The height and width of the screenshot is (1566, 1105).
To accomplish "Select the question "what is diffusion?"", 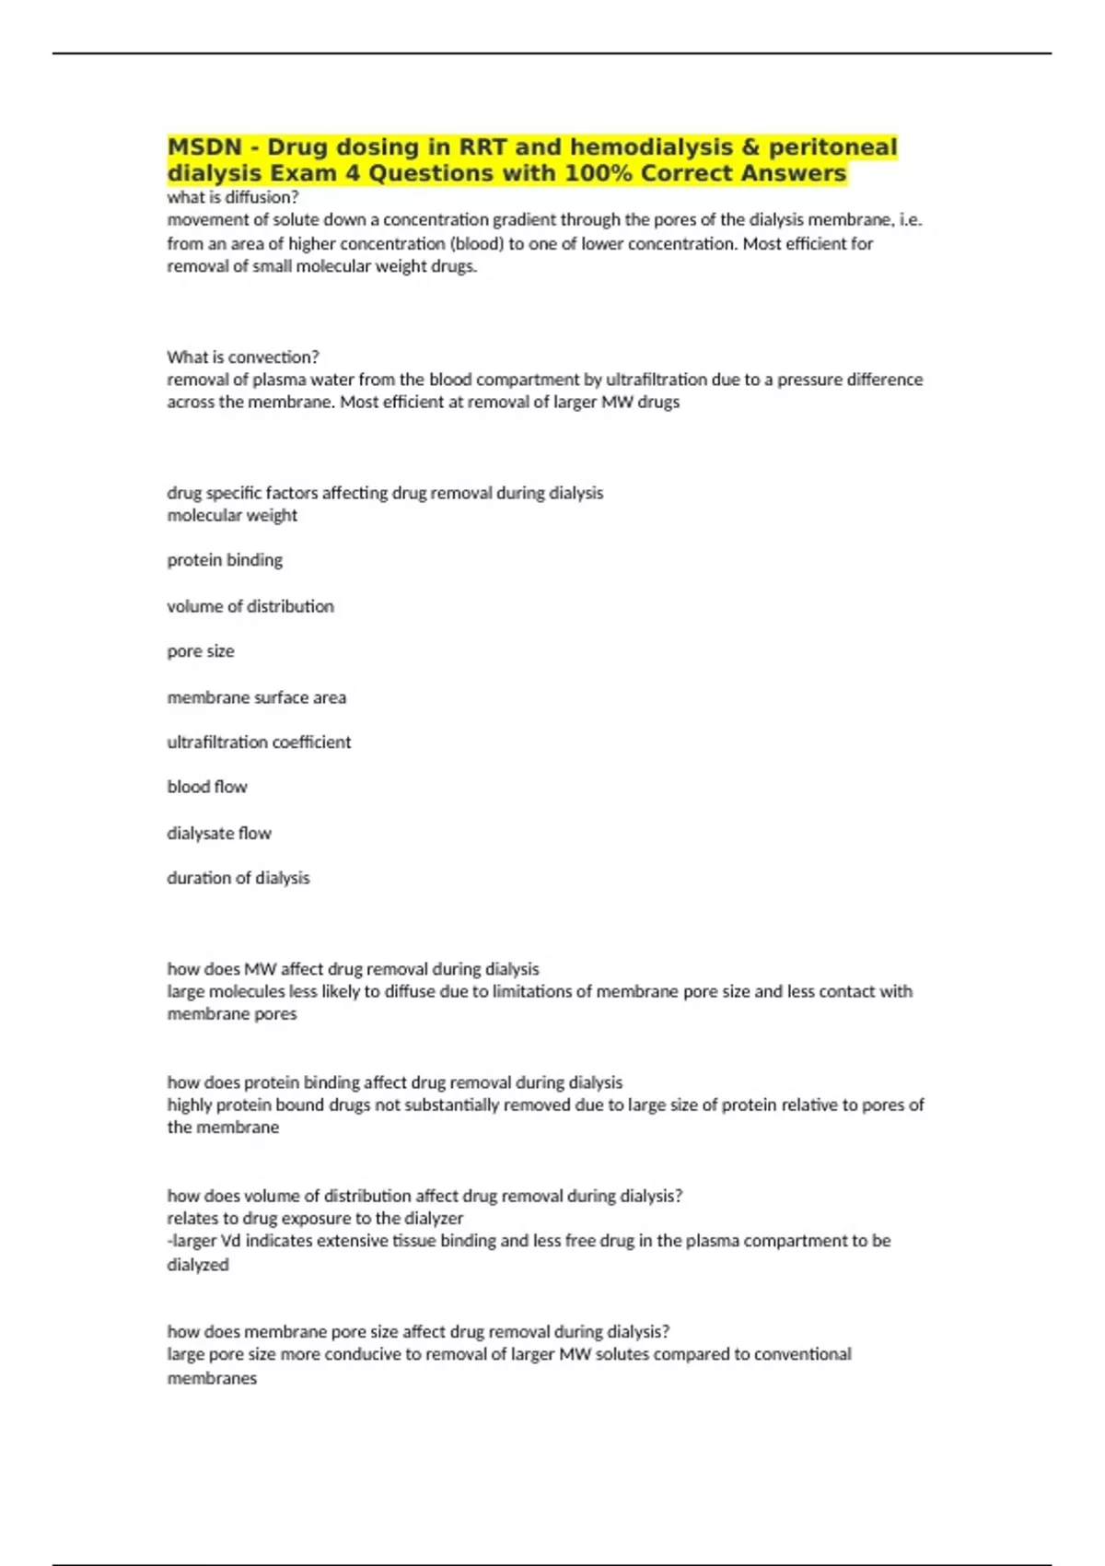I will point(233,197).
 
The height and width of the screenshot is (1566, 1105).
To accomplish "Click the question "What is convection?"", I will point(243,356).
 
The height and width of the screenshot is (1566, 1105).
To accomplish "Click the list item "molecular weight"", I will point(232,515).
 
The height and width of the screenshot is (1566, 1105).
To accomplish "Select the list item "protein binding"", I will point(225,560).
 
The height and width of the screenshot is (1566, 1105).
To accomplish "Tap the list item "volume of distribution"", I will point(250,606).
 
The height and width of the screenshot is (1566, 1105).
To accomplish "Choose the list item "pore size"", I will point(201,651).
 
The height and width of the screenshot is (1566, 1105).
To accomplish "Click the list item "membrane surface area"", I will point(257,697).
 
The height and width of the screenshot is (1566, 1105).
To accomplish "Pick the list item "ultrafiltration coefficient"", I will point(259,742).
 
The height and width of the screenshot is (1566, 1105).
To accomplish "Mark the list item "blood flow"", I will point(207,787).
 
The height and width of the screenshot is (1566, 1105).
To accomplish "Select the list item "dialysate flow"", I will point(219,833).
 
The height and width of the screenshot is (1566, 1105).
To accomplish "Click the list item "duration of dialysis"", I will point(238,878).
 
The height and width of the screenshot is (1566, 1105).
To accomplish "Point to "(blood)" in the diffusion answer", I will point(474,244).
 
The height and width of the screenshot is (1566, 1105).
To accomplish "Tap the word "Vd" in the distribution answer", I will point(230,1241).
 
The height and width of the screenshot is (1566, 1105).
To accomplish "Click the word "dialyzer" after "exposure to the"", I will point(433,1218).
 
